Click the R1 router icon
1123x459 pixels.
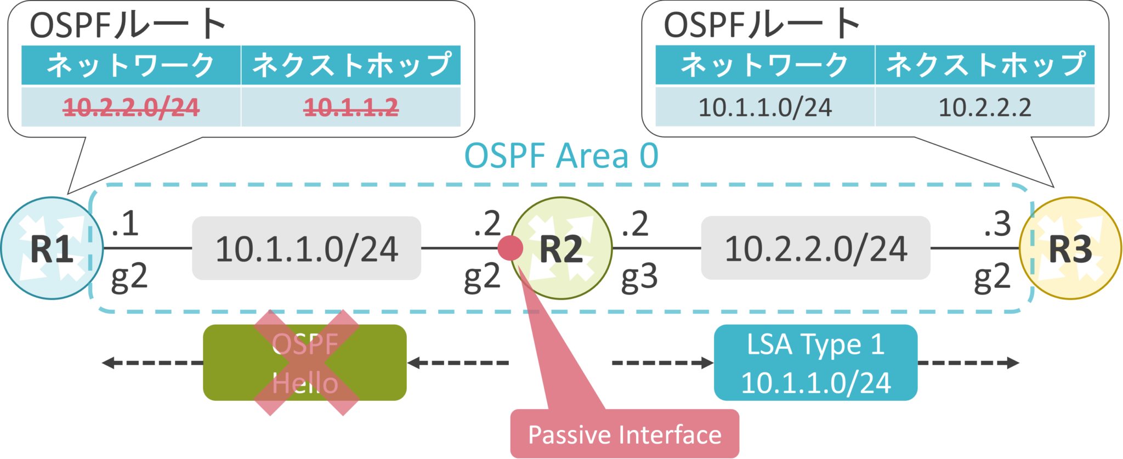(x=52, y=248)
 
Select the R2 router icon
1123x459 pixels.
(x=561, y=248)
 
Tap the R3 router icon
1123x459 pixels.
(x=1070, y=248)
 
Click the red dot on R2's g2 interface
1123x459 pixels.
(x=510, y=248)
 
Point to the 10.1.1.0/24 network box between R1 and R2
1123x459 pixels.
(x=307, y=248)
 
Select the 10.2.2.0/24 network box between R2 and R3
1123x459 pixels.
(x=815, y=248)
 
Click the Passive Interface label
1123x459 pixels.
(x=625, y=434)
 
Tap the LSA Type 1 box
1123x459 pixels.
(x=815, y=362)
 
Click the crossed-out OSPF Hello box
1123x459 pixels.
(x=305, y=362)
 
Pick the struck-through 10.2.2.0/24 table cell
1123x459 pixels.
(x=131, y=107)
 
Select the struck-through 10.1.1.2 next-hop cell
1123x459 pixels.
(x=351, y=107)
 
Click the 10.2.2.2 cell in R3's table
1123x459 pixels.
(x=985, y=107)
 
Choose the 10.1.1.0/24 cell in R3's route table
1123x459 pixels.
(x=765, y=107)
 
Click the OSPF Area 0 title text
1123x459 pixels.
(x=561, y=156)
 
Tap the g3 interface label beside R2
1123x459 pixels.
(x=639, y=277)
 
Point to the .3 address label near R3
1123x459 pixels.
(x=997, y=224)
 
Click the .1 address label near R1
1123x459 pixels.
(x=124, y=224)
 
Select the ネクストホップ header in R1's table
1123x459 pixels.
(x=351, y=65)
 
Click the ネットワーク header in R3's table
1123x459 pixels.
(x=765, y=65)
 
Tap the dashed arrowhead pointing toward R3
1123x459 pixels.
(x=1013, y=362)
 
